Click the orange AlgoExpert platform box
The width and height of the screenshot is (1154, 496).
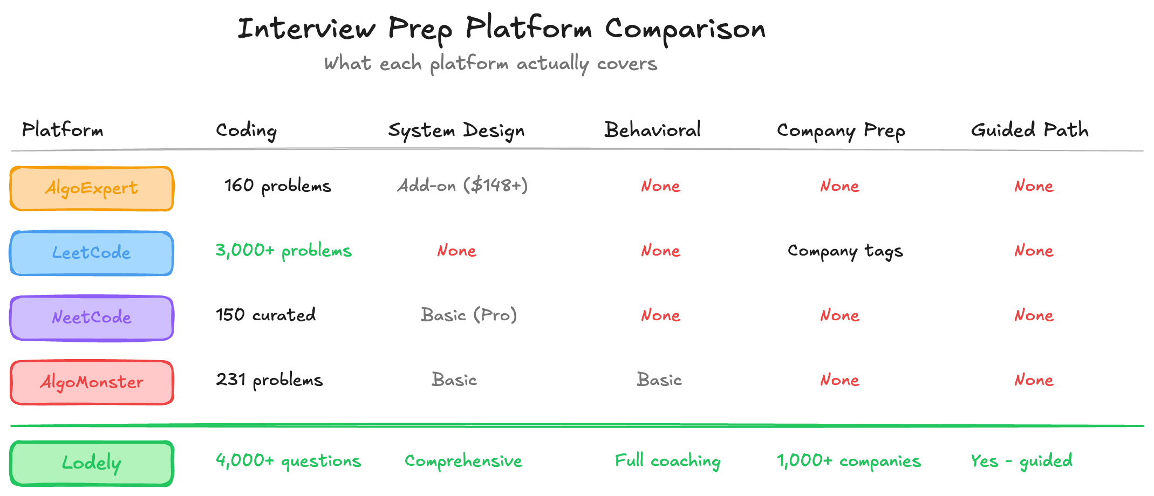coord(92,189)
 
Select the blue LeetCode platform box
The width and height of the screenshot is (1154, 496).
coord(92,253)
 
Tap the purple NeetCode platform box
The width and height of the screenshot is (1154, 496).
coord(92,318)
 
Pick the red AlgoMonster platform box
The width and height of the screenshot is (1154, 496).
coord(92,382)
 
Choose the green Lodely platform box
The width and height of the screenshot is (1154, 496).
coord(92,463)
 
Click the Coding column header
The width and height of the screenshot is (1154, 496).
coord(246,130)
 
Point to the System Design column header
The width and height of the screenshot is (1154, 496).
coord(456,130)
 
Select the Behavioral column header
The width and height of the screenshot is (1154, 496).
coord(652,130)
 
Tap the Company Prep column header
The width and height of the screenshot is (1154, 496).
coord(841,130)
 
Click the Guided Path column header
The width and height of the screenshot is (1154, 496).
coord(1029,130)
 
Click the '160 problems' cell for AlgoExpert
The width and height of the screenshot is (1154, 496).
coord(277,186)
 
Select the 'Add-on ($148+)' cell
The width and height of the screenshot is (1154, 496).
coord(462,186)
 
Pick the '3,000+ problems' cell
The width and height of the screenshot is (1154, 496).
coord(283,251)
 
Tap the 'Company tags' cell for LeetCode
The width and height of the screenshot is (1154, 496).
coord(845,251)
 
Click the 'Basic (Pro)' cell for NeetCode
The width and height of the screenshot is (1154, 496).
coord(469,315)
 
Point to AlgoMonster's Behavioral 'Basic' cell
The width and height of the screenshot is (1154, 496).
coord(659,380)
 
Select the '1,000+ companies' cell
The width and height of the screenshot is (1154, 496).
coord(849,461)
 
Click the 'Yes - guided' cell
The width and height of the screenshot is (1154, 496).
coord(1021,461)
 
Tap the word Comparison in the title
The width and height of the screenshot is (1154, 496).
coord(685,29)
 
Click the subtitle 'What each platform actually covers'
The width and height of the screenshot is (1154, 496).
coord(490,64)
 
